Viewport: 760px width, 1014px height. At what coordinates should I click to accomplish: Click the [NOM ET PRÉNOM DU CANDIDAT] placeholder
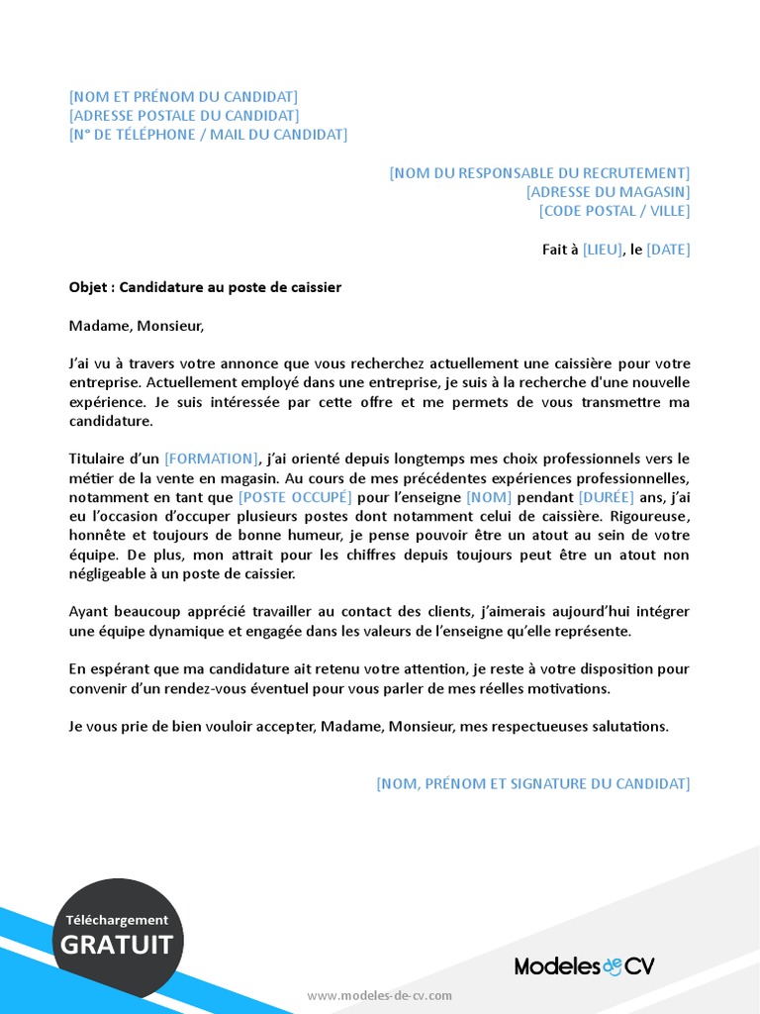click(183, 97)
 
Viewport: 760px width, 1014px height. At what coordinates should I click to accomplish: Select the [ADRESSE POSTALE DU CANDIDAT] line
click(184, 116)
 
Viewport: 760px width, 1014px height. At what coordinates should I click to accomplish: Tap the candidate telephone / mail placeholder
click(208, 135)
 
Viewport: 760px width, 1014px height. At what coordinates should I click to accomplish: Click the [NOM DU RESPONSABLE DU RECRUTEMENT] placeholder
click(539, 173)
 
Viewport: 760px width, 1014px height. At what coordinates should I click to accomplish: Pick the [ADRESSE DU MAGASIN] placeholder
click(608, 192)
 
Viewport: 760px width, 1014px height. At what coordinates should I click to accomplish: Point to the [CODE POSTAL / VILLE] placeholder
click(615, 211)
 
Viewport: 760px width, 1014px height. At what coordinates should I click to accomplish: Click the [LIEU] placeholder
click(603, 250)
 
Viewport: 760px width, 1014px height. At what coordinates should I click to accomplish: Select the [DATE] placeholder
click(668, 250)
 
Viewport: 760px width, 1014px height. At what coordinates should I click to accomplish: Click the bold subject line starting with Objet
click(205, 287)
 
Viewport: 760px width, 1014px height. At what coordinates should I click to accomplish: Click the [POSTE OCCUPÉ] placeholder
click(295, 497)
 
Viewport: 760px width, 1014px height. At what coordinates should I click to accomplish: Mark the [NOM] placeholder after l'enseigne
click(486, 497)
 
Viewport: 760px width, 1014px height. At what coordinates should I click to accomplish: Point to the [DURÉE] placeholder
click(607, 497)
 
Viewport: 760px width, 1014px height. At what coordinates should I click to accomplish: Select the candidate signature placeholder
click(532, 783)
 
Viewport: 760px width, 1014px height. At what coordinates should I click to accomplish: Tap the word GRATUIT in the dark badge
click(117, 945)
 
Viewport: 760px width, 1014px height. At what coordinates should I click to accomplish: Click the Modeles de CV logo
click(584, 966)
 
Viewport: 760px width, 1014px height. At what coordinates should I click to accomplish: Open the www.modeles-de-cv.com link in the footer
click(379, 995)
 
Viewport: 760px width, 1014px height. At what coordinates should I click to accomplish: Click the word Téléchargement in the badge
click(117, 920)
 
